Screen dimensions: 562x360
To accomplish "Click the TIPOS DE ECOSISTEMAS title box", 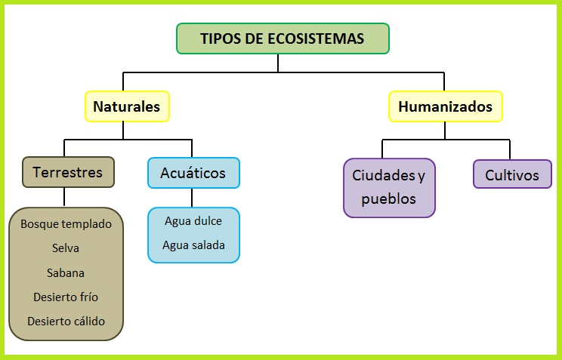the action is pyautogui.click(x=283, y=38).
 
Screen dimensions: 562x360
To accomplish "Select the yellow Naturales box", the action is pyautogui.click(x=127, y=106).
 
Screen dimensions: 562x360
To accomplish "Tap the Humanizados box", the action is pyautogui.click(x=445, y=106).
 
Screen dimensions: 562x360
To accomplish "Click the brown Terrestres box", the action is pyautogui.click(x=68, y=172).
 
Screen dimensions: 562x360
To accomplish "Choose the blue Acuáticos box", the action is pyautogui.click(x=193, y=173).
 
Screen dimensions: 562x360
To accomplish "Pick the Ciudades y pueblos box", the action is pyautogui.click(x=388, y=187).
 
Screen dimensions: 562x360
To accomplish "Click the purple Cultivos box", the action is pyautogui.click(x=512, y=175).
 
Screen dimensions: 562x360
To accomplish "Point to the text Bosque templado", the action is pyautogui.click(x=66, y=224).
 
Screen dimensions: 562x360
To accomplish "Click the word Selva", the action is pyautogui.click(x=66, y=248).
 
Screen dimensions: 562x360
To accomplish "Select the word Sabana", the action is pyautogui.click(x=66, y=272).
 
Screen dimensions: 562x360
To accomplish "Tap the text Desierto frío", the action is pyautogui.click(x=66, y=297).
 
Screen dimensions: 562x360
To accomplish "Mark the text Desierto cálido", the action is pyautogui.click(x=66, y=321).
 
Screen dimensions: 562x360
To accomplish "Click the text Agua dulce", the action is pyautogui.click(x=193, y=221).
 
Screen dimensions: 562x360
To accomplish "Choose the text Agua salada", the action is pyautogui.click(x=193, y=245).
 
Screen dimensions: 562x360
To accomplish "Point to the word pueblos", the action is pyautogui.click(x=388, y=199).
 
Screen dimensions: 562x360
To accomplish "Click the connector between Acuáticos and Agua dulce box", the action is pyautogui.click(x=193, y=198).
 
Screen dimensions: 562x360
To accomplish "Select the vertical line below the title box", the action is pyautogui.click(x=278, y=63).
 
